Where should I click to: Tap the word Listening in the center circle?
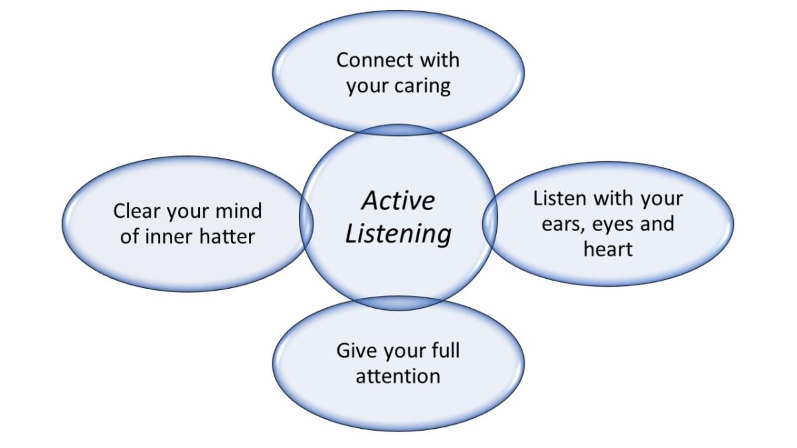click(398, 233)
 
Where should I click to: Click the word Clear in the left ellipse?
click(136, 211)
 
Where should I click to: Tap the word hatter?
click(226, 236)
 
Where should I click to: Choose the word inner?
click(173, 236)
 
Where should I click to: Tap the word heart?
click(608, 249)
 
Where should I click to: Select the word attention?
click(398, 376)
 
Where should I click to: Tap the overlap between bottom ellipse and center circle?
click(398, 304)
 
